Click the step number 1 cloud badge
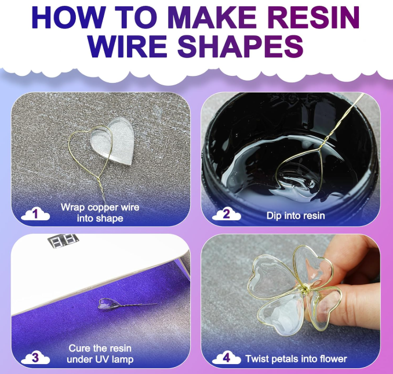[35, 215]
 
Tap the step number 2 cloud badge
[227, 215]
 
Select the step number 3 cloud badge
[35, 357]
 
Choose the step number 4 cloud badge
[227, 357]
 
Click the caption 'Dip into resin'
[296, 215]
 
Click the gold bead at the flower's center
[301, 288]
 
